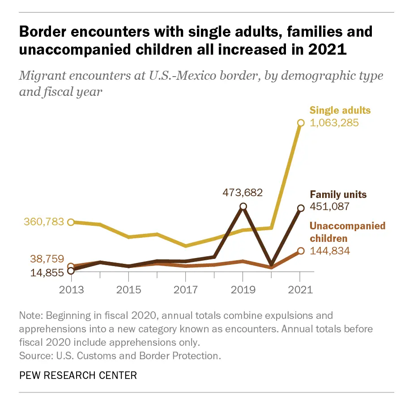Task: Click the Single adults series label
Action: [340, 110]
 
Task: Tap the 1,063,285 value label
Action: [334, 122]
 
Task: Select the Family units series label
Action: [338, 195]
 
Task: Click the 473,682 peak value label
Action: [243, 193]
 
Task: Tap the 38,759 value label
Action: [47, 259]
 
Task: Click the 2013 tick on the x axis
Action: [72, 289]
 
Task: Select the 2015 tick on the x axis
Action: [128, 289]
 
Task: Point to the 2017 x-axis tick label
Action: [186, 289]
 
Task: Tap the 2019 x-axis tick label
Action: [243, 289]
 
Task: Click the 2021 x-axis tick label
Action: [300, 289]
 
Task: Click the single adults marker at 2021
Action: [301, 123]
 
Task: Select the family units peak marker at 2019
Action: [243, 206]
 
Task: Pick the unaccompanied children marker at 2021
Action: [301, 251]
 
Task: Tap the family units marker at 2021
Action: [301, 208]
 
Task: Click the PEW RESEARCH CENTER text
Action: [78, 375]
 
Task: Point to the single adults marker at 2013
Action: [71, 222]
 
